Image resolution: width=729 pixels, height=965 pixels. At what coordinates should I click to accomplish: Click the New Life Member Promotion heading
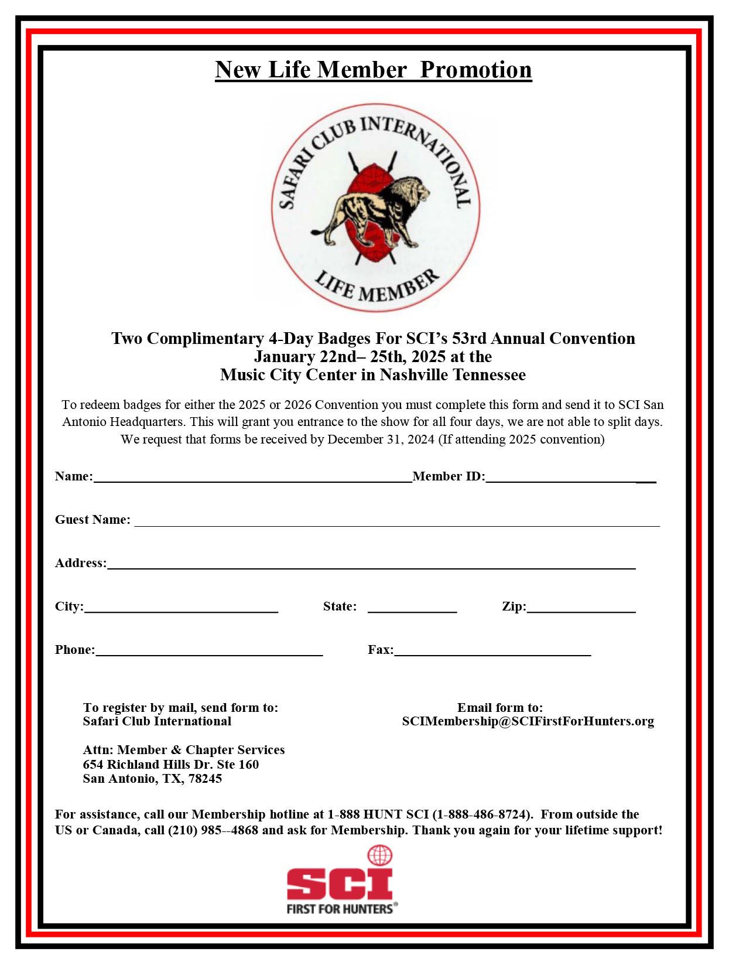point(373,70)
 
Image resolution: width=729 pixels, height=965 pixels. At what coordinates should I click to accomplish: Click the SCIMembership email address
point(528,721)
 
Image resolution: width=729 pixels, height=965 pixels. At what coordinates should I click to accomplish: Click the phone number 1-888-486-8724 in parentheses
point(482,814)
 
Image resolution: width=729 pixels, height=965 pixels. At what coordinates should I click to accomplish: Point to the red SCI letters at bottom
point(340,884)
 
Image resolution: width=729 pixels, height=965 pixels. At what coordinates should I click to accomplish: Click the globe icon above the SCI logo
point(379,855)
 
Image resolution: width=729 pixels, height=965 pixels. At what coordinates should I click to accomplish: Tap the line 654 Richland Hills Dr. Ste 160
point(170,765)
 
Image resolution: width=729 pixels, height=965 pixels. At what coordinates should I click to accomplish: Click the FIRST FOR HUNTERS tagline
point(340,909)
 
